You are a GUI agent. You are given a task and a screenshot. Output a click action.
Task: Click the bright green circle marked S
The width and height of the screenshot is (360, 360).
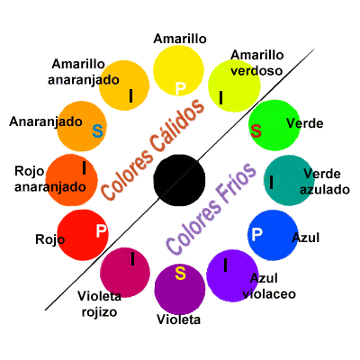coord(274,126)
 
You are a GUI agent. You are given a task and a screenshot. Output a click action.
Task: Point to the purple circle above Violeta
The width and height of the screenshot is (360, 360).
coord(180,286)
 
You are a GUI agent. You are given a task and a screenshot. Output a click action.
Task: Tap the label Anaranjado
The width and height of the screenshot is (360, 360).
coord(39,120)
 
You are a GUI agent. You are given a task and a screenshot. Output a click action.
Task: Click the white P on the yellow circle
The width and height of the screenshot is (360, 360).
coord(180,87)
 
